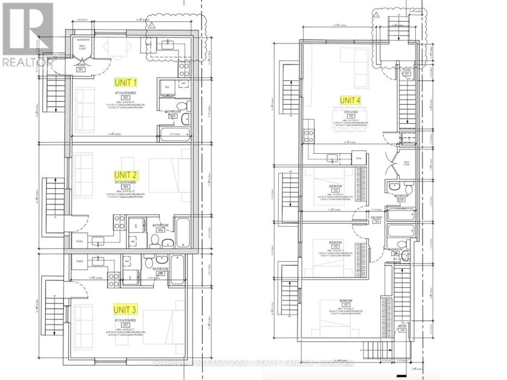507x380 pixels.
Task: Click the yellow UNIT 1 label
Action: tap(127, 81)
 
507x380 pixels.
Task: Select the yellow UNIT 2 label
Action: tap(127, 175)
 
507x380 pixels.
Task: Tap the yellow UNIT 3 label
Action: tap(127, 309)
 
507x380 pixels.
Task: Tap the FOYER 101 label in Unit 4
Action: tap(407, 72)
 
